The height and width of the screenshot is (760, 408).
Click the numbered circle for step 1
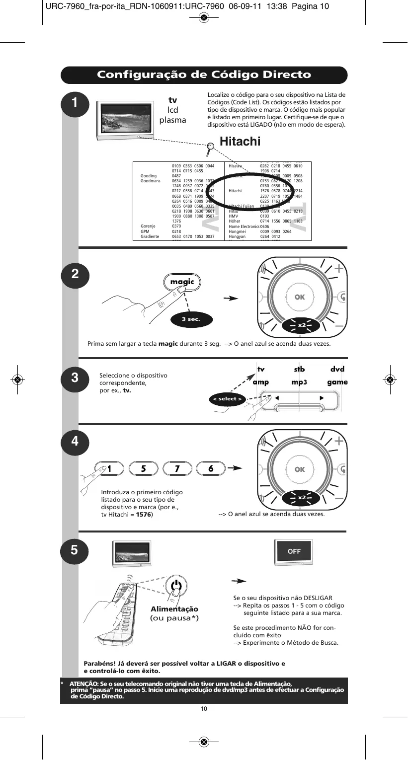(x=74, y=104)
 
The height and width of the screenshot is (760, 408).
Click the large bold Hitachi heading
(x=240, y=142)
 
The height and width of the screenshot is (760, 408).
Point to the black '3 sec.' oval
(x=190, y=319)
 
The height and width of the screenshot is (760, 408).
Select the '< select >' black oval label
(x=228, y=399)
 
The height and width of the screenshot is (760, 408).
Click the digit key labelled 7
(x=176, y=468)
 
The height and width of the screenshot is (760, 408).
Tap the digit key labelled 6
(x=211, y=468)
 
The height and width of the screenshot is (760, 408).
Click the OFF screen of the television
(x=294, y=551)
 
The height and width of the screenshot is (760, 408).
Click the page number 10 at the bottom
(x=204, y=709)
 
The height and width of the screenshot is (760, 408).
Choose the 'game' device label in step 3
(x=337, y=382)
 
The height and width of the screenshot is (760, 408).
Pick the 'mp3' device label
(x=299, y=382)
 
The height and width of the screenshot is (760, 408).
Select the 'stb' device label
(x=299, y=369)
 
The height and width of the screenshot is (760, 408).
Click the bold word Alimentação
(x=174, y=609)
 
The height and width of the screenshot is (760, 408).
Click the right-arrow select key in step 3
(x=321, y=398)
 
